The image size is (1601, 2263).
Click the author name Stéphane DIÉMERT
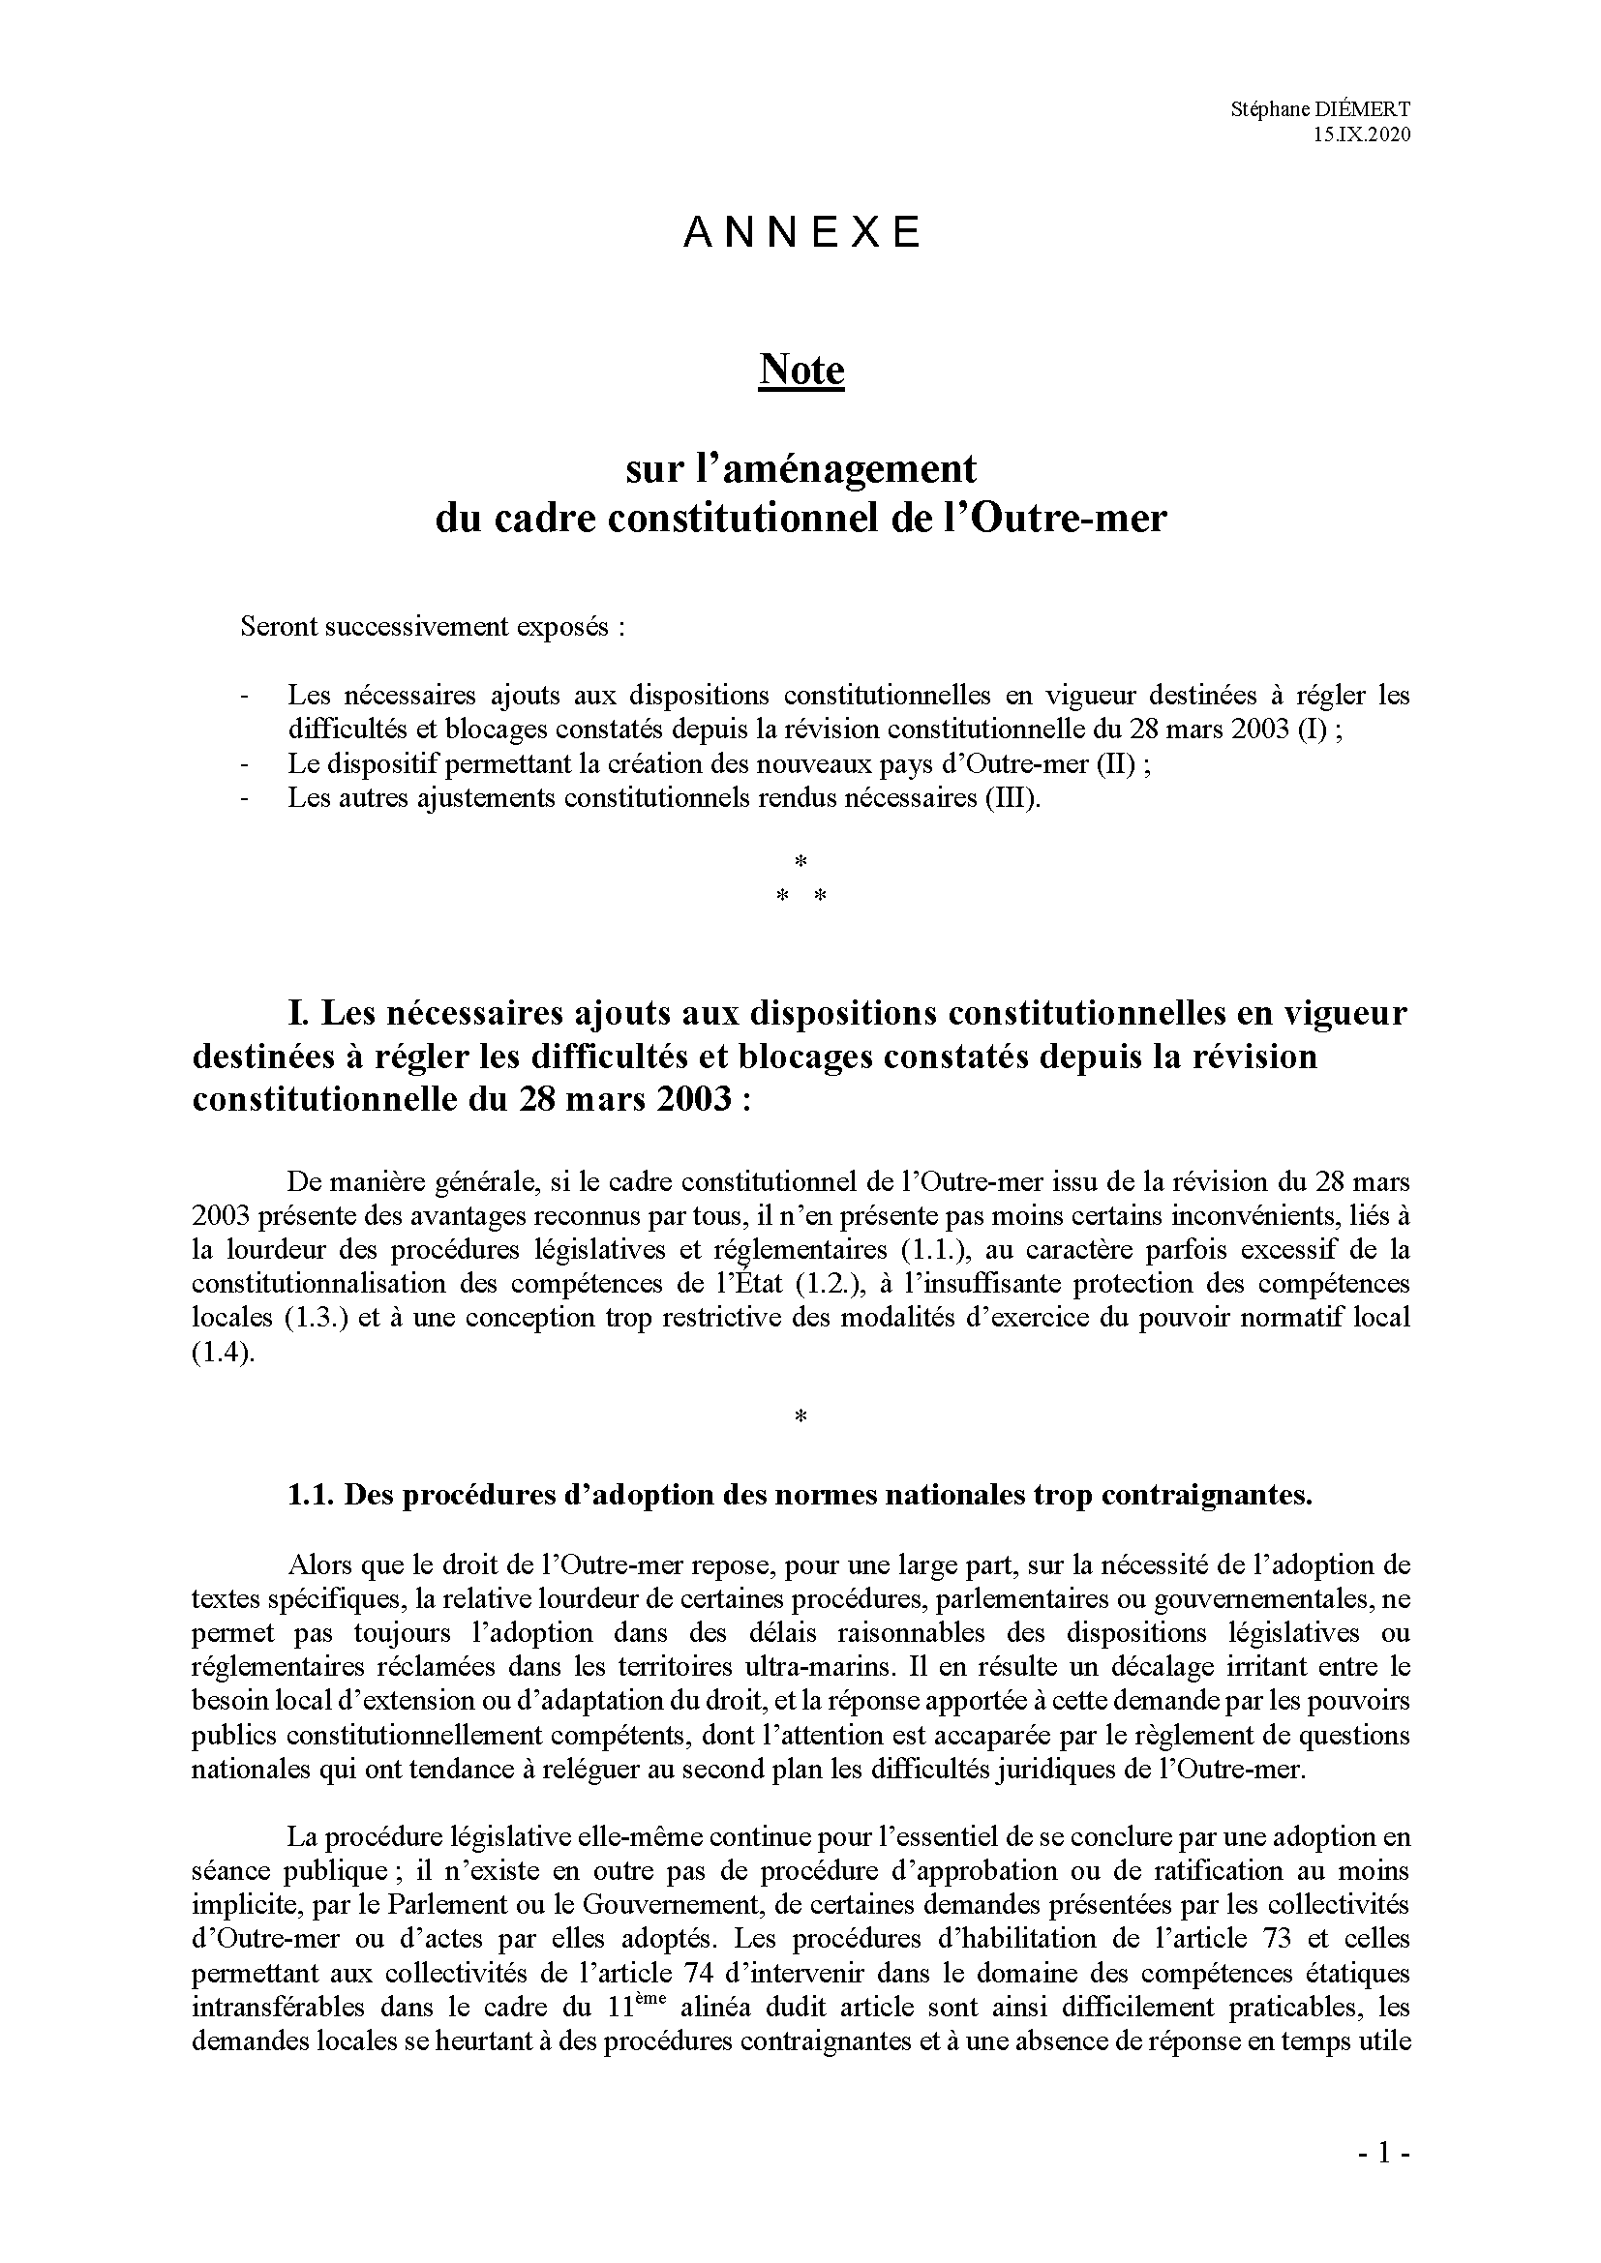(1320, 110)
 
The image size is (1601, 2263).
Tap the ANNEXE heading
(801, 232)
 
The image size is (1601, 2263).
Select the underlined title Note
(801, 371)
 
